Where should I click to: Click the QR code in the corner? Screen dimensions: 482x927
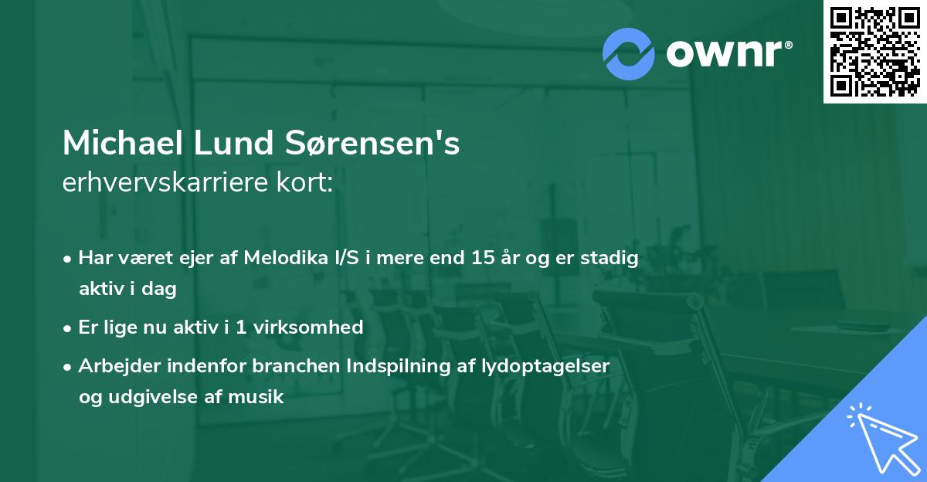(x=874, y=51)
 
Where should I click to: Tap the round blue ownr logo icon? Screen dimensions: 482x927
(x=629, y=54)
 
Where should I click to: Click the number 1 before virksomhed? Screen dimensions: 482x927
(x=240, y=328)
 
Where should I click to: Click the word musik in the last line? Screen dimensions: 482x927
(x=260, y=398)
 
